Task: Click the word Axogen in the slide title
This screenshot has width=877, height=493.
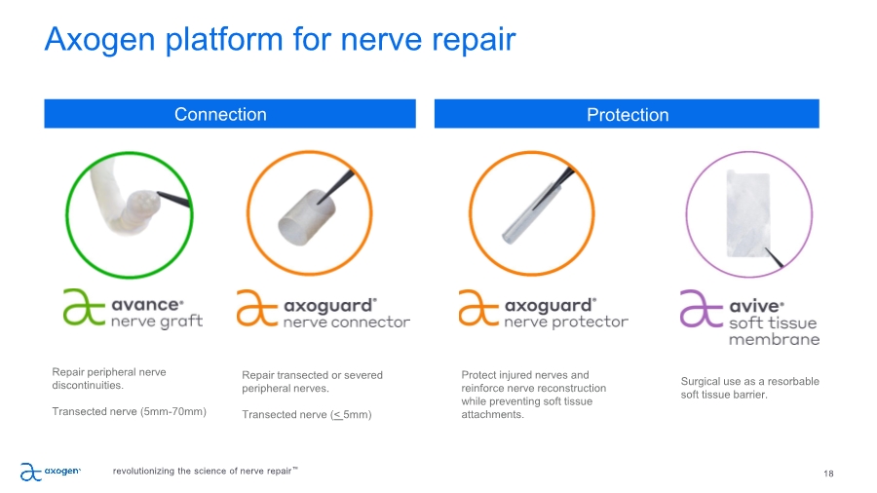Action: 99,40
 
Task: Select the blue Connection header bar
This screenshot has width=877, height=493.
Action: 230,114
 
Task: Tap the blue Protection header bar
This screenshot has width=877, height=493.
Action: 627,114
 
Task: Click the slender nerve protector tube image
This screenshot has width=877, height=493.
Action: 528,213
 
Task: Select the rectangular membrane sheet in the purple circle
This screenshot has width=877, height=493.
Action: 747,213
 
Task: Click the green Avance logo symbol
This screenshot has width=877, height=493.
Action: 84,307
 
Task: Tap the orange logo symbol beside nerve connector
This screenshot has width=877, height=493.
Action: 256,308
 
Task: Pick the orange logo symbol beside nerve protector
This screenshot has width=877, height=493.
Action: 478,308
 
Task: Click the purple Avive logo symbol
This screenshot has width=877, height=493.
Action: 702,308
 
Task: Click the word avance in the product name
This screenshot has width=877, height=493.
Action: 146,305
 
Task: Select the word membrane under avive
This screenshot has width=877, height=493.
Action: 774,339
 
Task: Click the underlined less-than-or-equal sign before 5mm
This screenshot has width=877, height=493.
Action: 337,415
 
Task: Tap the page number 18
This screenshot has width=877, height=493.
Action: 828,474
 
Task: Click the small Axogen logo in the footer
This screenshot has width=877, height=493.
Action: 51,472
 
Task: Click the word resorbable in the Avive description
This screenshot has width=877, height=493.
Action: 793,381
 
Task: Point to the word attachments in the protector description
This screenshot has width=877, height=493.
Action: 492,414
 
